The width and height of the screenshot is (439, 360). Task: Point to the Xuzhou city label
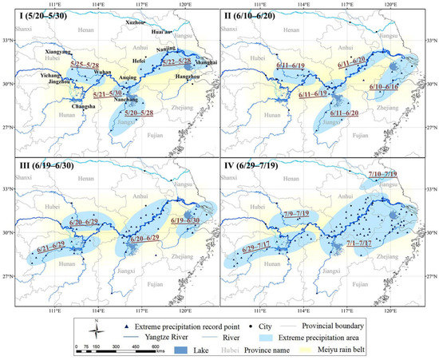138,23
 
